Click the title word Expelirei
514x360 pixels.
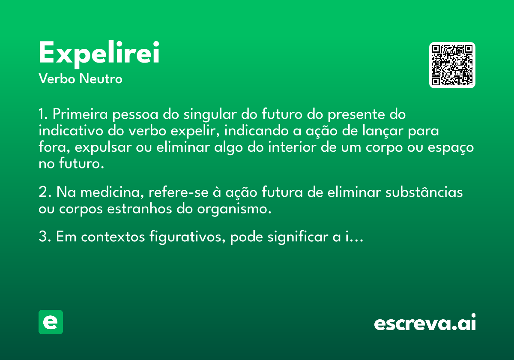click(99, 54)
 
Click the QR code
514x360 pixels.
click(452, 65)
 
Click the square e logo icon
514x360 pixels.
click(51, 322)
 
